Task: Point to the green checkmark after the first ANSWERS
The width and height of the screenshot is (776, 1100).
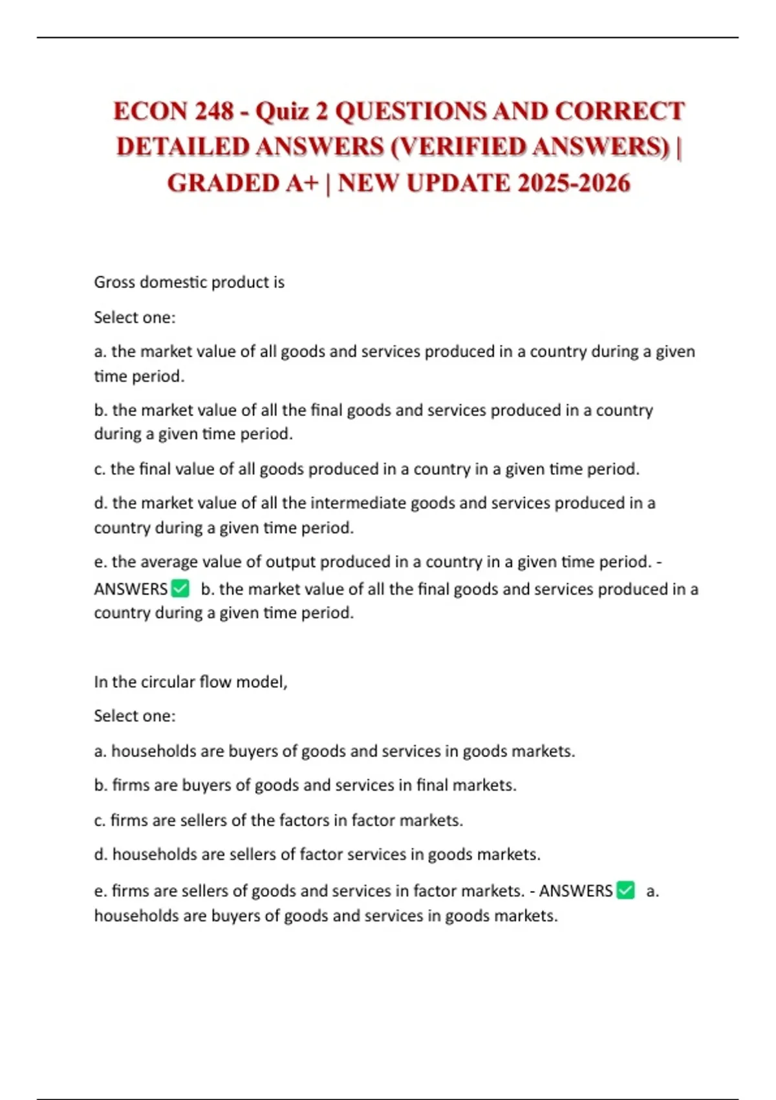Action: tap(180, 589)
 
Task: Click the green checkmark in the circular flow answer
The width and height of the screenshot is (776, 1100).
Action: tap(625, 890)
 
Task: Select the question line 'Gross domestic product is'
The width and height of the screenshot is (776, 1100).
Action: tap(189, 282)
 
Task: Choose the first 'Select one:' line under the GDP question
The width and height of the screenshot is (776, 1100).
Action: tap(135, 317)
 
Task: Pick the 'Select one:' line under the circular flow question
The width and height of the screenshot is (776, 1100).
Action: tap(135, 716)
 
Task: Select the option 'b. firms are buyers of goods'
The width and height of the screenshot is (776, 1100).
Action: tap(305, 785)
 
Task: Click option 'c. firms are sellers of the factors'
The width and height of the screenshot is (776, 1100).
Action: tap(278, 820)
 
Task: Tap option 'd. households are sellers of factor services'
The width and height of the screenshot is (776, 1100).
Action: tap(317, 854)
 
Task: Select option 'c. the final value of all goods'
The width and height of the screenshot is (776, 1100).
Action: tap(366, 468)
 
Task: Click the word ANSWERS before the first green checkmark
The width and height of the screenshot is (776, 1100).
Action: tap(131, 589)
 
